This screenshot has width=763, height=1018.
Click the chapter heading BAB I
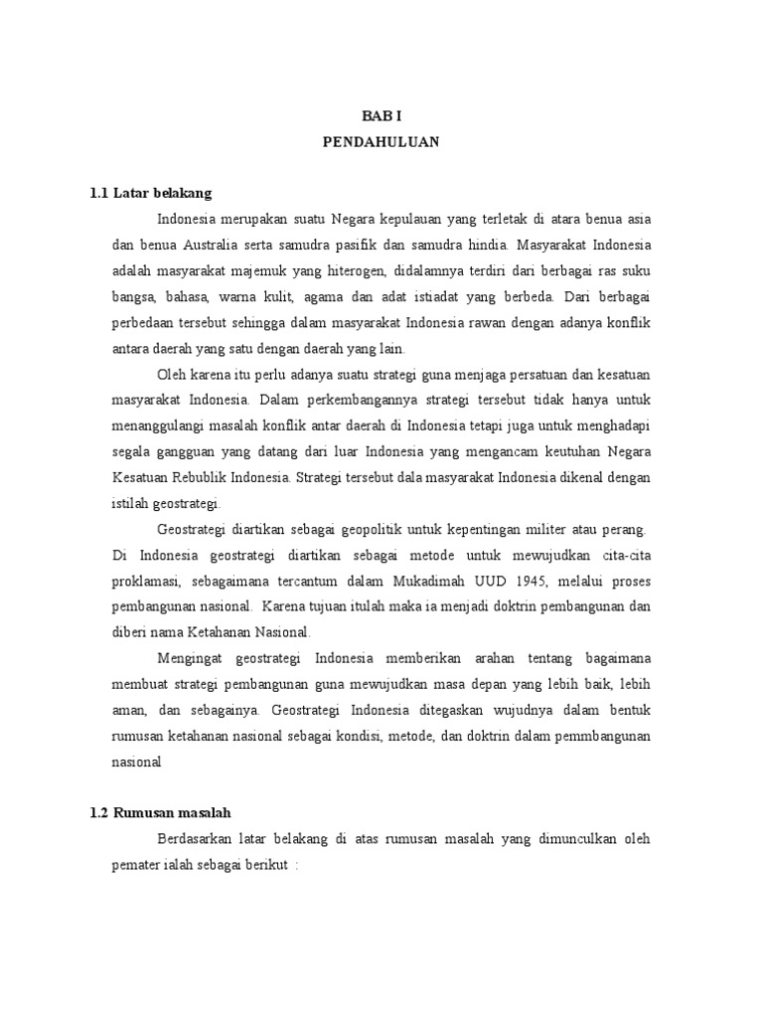point(381,116)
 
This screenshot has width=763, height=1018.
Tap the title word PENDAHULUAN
point(381,142)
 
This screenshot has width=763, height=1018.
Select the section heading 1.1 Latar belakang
point(150,192)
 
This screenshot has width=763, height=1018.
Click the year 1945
point(536,580)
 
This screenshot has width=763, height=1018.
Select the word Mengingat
point(192,658)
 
